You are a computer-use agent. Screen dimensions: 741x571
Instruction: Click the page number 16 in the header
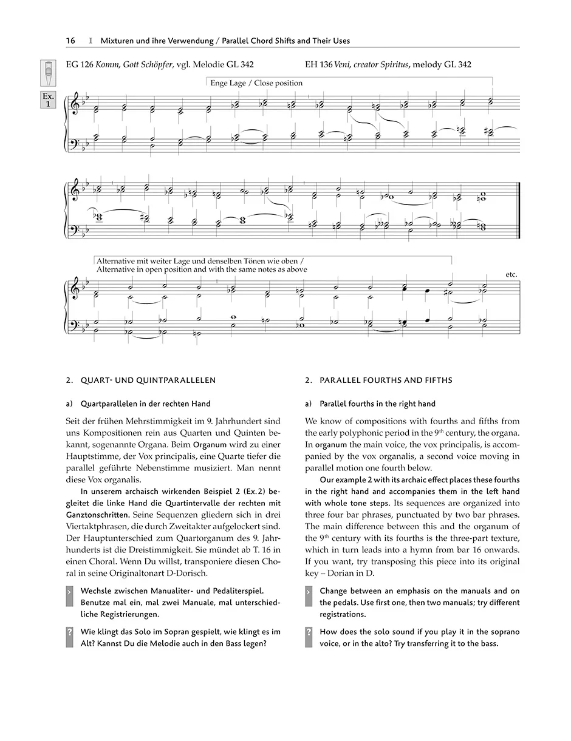click(70, 41)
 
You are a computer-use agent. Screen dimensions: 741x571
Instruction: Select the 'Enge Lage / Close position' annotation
click(256, 83)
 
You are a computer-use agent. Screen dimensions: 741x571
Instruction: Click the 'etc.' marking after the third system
click(511, 274)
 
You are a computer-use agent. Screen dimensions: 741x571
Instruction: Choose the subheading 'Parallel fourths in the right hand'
click(377, 404)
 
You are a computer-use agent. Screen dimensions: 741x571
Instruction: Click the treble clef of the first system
click(75, 105)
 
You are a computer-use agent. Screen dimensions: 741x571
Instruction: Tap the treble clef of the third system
click(75, 290)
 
